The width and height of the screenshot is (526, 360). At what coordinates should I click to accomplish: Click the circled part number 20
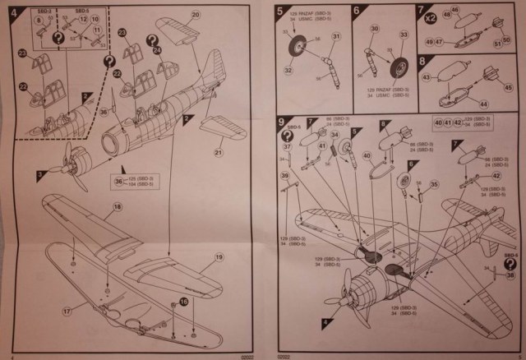196,16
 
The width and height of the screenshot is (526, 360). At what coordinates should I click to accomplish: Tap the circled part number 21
219,152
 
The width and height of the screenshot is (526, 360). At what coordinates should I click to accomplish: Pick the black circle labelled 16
183,302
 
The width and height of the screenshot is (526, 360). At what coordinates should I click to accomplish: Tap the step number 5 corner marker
281,12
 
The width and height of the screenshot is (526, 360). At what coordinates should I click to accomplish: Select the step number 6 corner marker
356,12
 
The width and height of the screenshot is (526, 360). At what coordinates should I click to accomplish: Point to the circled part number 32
288,72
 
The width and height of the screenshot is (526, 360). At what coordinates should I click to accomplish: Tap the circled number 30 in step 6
372,30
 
